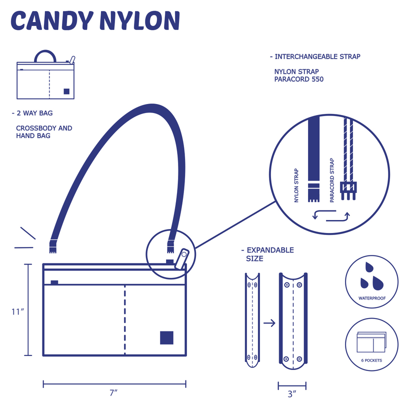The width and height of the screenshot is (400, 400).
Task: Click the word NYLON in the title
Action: [x=140, y=21]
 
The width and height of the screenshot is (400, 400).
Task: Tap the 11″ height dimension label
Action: [x=18, y=311]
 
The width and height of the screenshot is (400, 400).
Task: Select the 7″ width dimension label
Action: [x=114, y=393]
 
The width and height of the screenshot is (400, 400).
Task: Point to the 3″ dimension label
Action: [x=292, y=394]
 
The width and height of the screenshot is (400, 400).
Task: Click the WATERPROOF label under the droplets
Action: [x=372, y=298]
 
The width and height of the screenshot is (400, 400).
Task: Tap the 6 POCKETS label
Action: [x=371, y=360]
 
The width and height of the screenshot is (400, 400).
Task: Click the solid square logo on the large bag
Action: [x=166, y=338]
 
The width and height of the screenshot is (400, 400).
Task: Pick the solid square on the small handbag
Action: [x=66, y=91]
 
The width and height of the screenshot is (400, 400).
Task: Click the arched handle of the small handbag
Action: [x=45, y=51]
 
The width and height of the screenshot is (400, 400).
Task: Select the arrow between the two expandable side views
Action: [x=269, y=323]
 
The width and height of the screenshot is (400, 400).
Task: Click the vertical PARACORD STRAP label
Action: [x=332, y=180]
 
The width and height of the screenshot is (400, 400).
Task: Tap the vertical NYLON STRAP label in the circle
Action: [x=296, y=185]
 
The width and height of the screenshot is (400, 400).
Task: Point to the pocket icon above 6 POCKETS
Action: [x=371, y=342]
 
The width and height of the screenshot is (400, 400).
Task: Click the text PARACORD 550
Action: [x=298, y=79]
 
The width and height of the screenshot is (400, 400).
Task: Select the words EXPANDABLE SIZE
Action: [x=267, y=254]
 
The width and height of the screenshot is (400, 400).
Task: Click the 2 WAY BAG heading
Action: [x=32, y=113]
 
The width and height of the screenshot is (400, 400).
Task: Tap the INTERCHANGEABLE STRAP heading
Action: [x=315, y=56]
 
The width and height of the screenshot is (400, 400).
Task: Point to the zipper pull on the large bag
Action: [x=182, y=258]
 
